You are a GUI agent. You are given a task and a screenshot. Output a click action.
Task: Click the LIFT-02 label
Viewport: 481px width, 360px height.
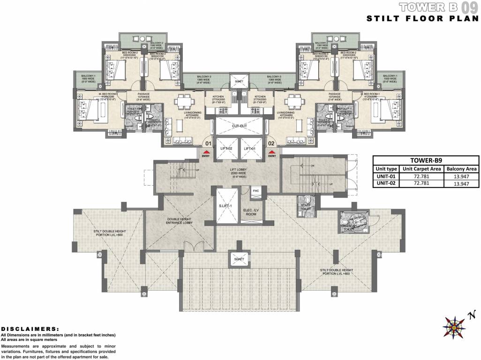pyautogui.click(x=226, y=149)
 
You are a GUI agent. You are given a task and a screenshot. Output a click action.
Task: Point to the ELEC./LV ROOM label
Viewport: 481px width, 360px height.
pyautogui.click(x=249, y=211)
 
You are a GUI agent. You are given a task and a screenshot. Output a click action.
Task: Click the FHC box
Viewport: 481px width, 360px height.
pyautogui.click(x=256, y=191)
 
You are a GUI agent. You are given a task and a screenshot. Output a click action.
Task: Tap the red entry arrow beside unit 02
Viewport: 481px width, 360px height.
pyautogui.click(x=271, y=151)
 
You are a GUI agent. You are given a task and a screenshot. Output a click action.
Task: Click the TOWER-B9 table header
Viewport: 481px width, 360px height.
pyautogui.click(x=427, y=159)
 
